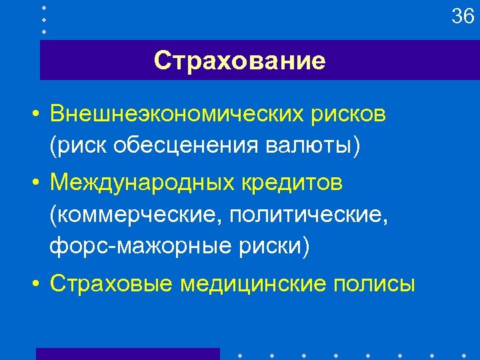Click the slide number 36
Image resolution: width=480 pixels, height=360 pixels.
click(463, 16)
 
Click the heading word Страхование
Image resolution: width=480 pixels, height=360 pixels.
click(239, 61)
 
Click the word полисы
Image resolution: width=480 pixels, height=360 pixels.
click(373, 283)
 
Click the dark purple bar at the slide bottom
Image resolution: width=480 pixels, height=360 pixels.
click(127, 353)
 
